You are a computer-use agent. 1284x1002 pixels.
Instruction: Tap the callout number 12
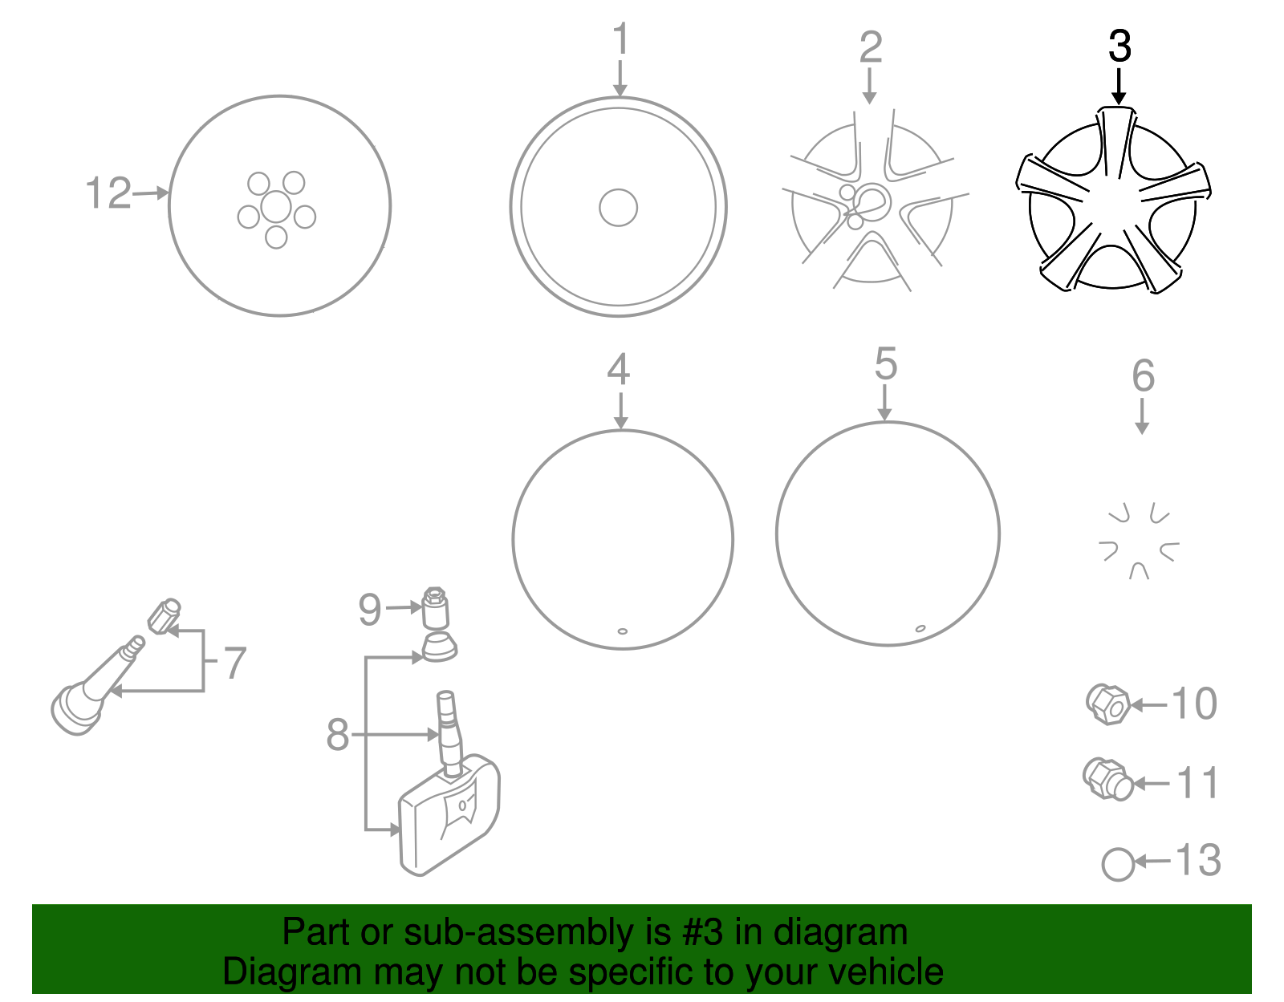(x=108, y=193)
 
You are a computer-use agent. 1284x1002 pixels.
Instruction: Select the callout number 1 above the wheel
(x=620, y=39)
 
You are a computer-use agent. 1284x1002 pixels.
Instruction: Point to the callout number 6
(x=1143, y=375)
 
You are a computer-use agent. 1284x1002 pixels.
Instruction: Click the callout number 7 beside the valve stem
(x=235, y=663)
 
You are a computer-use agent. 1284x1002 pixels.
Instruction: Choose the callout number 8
(x=337, y=735)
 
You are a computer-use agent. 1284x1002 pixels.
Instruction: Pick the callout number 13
(x=1197, y=860)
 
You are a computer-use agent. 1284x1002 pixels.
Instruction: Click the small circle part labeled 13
(x=1118, y=865)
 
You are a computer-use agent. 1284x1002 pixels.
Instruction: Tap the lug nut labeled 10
(x=1108, y=704)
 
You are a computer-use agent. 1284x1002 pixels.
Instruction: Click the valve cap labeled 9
(x=436, y=608)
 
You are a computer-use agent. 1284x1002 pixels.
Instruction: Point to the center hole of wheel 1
(x=618, y=207)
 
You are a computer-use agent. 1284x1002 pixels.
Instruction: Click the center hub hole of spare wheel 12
(x=276, y=207)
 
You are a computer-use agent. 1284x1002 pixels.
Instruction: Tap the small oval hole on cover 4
(x=622, y=631)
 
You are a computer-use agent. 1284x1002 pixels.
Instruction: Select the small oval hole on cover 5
(x=920, y=628)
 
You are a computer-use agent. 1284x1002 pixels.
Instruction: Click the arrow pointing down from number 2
(x=869, y=86)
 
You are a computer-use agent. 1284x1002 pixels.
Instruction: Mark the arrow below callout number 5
(x=884, y=403)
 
